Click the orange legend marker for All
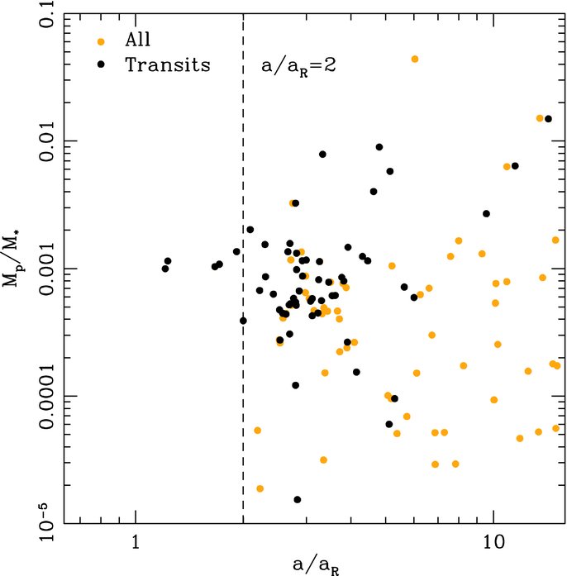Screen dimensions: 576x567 [101, 40]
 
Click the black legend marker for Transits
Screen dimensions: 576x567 [101, 64]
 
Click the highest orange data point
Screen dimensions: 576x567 [415, 59]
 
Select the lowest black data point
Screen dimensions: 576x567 [297, 499]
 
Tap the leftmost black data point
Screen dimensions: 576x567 [165, 269]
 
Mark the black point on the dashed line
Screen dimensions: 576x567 [243, 321]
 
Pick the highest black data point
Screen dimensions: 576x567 [548, 119]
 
